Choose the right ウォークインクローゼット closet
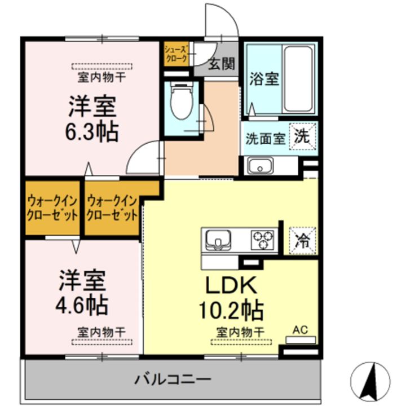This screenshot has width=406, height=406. tap(112, 208)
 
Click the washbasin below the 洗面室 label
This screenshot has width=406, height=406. tap(260, 166)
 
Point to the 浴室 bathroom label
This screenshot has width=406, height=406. tap(264, 79)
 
